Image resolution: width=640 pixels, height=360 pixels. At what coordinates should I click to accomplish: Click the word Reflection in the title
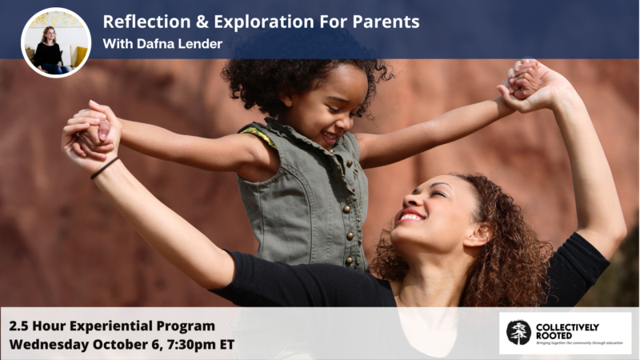pyautogui.click(x=146, y=22)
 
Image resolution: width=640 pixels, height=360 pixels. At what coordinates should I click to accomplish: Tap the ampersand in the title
pyautogui.click(x=202, y=22)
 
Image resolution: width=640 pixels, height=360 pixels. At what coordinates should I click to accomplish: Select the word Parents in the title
pyautogui.click(x=386, y=22)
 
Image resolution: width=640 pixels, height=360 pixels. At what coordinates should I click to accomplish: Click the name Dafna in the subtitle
pyautogui.click(x=154, y=44)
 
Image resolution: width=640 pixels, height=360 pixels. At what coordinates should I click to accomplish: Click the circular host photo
pyautogui.click(x=56, y=42)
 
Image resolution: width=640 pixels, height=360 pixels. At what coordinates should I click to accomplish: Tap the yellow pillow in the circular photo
pyautogui.click(x=81, y=56)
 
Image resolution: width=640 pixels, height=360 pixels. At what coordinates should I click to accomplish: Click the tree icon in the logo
pyautogui.click(x=518, y=332)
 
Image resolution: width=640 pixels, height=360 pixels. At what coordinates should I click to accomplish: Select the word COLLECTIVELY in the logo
pyautogui.click(x=567, y=327)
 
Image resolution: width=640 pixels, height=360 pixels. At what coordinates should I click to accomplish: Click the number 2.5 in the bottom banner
pyautogui.click(x=18, y=326)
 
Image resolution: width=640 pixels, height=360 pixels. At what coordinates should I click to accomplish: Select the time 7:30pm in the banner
pyautogui.click(x=190, y=345)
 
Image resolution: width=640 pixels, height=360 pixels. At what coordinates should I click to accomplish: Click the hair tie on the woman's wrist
pyautogui.click(x=105, y=168)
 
